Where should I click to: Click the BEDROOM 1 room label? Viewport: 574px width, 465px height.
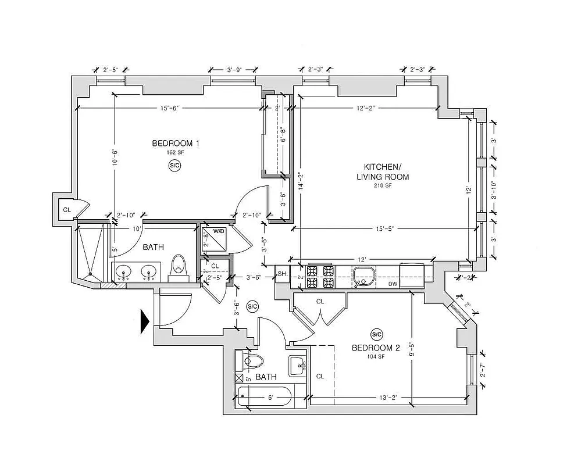[175, 144]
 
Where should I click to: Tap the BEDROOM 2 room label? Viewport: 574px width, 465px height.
[376, 348]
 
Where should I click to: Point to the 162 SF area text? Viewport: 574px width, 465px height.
[175, 153]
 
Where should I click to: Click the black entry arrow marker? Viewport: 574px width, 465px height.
[145, 321]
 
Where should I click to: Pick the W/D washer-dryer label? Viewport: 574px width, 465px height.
[219, 231]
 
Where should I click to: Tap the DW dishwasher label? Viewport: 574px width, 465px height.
[393, 284]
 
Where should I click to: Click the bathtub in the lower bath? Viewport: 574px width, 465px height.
[265, 398]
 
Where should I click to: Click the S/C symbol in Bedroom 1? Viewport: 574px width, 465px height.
[174, 166]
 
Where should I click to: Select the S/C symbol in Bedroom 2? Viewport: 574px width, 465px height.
[376, 334]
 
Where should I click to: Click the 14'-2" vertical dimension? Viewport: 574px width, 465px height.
[301, 181]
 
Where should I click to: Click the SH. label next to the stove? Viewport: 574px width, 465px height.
[282, 274]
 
